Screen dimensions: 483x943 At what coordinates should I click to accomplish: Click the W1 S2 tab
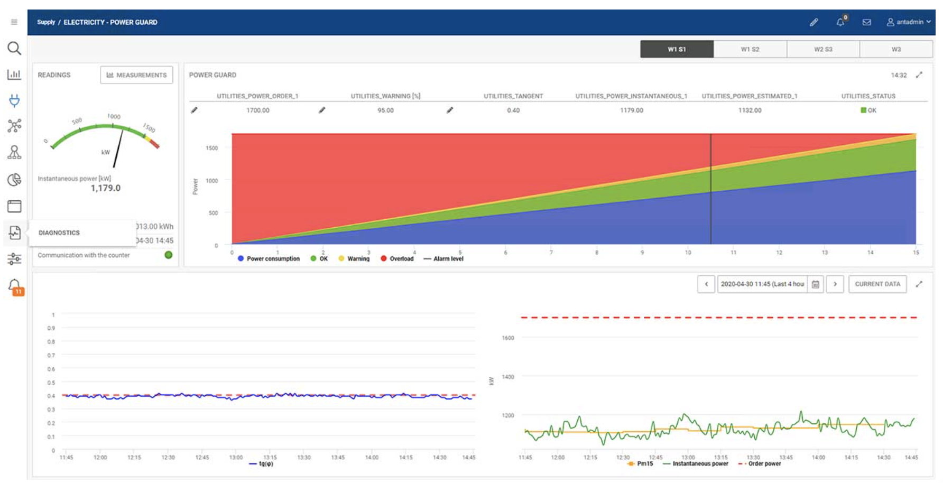point(750,49)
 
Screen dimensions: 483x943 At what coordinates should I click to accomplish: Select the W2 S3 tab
point(822,49)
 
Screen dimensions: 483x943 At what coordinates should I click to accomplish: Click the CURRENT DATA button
point(877,284)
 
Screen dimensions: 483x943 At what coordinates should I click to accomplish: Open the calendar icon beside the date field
point(815,284)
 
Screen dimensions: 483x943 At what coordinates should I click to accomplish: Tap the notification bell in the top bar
point(840,22)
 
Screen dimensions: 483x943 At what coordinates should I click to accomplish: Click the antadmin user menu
point(908,22)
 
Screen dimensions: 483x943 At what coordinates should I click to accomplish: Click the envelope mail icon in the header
point(866,22)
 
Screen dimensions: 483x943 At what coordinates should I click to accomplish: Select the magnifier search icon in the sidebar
point(14,49)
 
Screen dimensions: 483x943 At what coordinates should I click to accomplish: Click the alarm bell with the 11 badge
point(15,286)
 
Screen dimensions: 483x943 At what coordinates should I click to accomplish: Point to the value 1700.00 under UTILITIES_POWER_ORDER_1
point(257,110)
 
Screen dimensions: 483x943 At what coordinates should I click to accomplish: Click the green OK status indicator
point(868,110)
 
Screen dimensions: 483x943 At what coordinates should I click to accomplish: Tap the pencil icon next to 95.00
point(322,110)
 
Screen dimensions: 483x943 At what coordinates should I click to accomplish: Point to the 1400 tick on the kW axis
point(507,377)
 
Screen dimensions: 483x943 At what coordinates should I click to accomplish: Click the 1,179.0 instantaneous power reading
point(105,188)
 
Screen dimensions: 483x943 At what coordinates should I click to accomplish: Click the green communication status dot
point(169,255)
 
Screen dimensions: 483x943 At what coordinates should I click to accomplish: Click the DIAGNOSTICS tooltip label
point(59,233)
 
